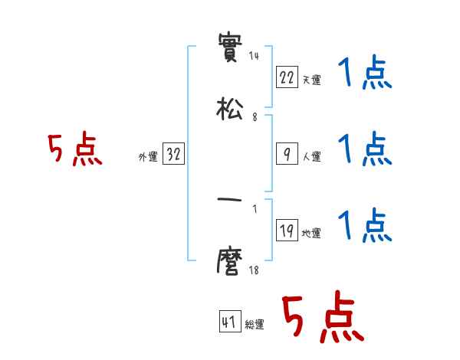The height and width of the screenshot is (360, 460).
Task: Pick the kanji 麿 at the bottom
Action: coord(230,263)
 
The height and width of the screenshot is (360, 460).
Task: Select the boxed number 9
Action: coord(287,154)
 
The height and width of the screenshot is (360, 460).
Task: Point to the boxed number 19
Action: coord(287,231)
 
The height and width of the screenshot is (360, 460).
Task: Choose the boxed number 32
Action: coord(173,154)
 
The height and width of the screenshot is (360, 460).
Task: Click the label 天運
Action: coord(311,80)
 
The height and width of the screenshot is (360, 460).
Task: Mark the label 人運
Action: coord(311,157)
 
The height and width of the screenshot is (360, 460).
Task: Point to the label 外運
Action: coord(148,157)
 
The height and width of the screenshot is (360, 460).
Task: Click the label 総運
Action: coord(254,326)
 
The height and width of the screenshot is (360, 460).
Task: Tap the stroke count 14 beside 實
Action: coord(254,56)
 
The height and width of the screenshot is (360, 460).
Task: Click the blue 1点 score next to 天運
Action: coord(365,74)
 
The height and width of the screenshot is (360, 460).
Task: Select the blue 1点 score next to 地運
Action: coord(365,225)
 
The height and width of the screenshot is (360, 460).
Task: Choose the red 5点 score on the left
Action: coord(74,149)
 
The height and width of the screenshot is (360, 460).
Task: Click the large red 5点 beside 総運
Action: coord(323,319)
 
